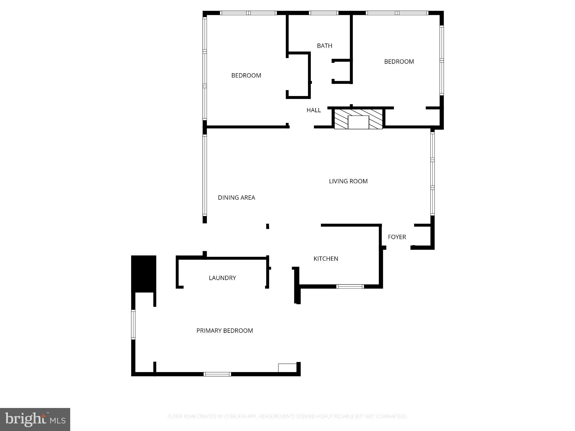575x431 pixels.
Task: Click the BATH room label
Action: pyautogui.click(x=325, y=46)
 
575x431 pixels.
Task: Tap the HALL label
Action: pyautogui.click(x=314, y=110)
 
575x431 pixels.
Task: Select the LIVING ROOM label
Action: pyautogui.click(x=348, y=181)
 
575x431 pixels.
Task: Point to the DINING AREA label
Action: pyautogui.click(x=236, y=198)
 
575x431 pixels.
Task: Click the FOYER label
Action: pyautogui.click(x=397, y=237)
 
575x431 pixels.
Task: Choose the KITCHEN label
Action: pyautogui.click(x=326, y=259)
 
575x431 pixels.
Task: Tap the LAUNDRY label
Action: pyautogui.click(x=222, y=278)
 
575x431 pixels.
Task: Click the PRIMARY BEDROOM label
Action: pyautogui.click(x=225, y=331)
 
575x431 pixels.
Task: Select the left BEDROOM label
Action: pyautogui.click(x=246, y=75)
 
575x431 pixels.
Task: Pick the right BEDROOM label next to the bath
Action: pyautogui.click(x=399, y=61)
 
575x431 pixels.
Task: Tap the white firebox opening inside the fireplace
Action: pyautogui.click(x=358, y=122)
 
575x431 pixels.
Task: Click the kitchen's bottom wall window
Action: pyautogui.click(x=350, y=286)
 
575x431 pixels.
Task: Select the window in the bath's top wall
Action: pyautogui.click(x=323, y=13)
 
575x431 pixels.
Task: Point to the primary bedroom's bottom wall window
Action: pyautogui.click(x=217, y=374)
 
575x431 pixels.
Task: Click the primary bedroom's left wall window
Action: pyautogui.click(x=133, y=325)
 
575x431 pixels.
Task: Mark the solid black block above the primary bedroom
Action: pyautogui.click(x=143, y=274)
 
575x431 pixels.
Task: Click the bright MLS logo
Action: pyautogui.click(x=35, y=419)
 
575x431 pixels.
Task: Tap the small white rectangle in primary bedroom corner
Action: pyautogui.click(x=287, y=368)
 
